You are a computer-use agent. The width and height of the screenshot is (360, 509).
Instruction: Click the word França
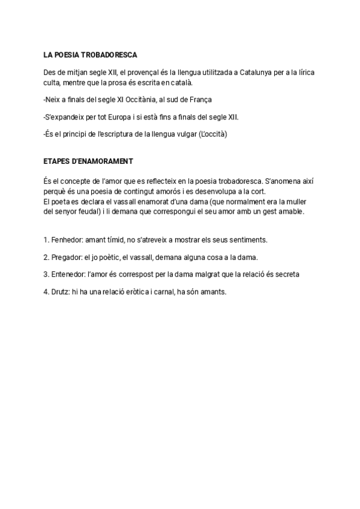(199, 99)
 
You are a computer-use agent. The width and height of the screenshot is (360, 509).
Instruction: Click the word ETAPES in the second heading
(56, 161)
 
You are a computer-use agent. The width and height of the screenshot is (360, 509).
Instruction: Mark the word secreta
(286, 274)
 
